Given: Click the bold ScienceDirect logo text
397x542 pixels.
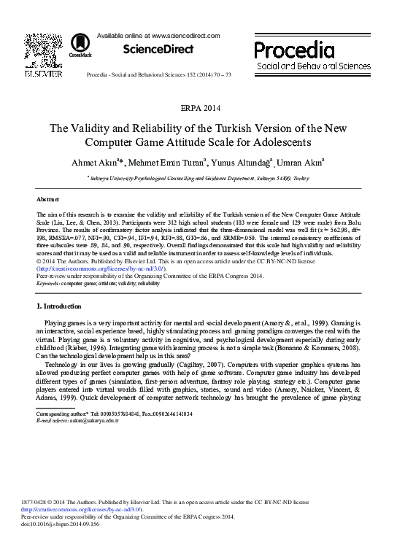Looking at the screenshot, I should tap(158, 50).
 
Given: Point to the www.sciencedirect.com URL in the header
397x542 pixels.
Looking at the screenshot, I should tap(184, 35).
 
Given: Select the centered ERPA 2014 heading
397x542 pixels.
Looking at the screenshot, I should tap(199, 107).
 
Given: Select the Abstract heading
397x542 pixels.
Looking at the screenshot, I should tap(48, 199).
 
